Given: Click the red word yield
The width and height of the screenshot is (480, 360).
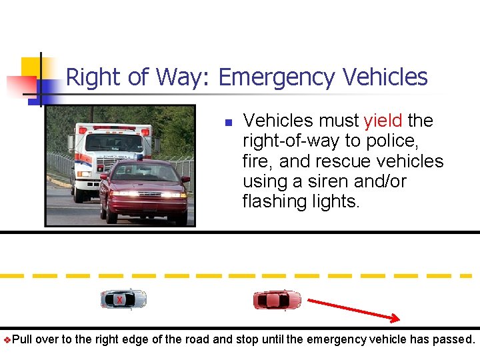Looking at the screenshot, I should click(383, 121).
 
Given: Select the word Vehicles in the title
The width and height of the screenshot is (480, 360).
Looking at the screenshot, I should click(385, 77).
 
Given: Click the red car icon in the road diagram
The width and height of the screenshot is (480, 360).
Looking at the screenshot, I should click(277, 300).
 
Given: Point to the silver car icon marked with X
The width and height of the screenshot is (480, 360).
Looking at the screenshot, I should click(123, 299).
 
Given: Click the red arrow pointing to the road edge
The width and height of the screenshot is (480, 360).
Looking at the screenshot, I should click(353, 310).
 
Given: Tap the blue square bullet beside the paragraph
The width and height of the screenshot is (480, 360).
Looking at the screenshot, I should click(227, 123).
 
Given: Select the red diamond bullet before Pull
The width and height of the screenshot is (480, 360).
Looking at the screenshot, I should click(7, 340).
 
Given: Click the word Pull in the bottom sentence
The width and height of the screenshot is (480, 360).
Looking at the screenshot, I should click(23, 339).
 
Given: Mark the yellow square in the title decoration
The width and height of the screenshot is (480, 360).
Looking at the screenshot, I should click(31, 67).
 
